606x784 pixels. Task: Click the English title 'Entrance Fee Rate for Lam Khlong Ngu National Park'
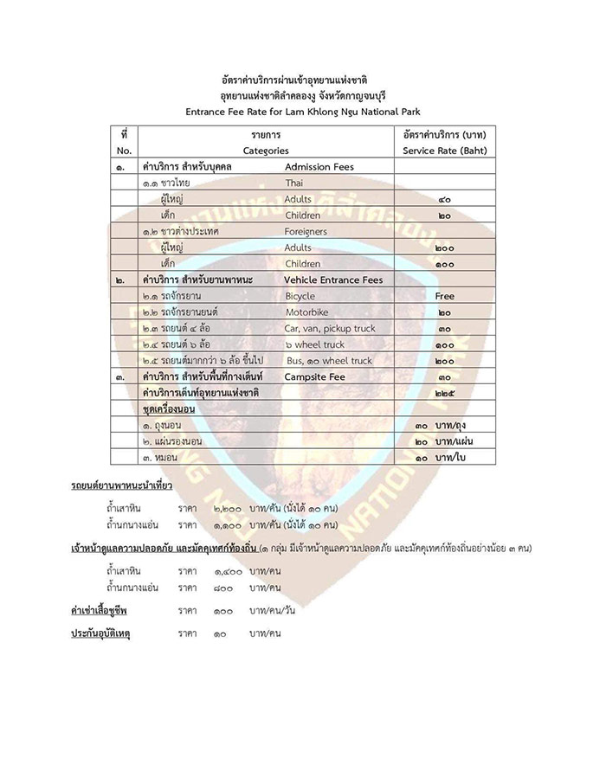click(302, 111)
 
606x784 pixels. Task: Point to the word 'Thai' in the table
click(294, 183)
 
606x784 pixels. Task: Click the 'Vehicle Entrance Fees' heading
click(333, 280)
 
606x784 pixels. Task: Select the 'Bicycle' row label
click(300, 297)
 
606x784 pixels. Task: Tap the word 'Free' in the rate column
click(444, 297)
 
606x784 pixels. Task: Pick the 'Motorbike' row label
click(308, 312)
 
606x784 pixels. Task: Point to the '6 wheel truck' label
click(314, 344)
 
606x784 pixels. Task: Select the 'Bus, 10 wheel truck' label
click(328, 361)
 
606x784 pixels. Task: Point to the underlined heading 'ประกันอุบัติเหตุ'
click(105, 633)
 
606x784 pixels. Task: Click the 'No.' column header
click(124, 151)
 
